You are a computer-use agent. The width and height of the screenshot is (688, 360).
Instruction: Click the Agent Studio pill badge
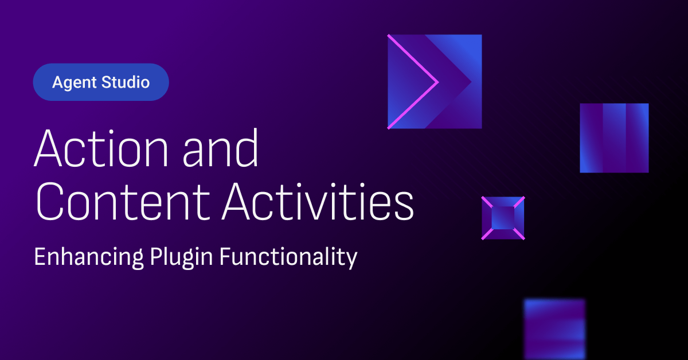pos(101,82)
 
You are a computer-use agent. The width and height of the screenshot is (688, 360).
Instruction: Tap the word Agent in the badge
pos(75,83)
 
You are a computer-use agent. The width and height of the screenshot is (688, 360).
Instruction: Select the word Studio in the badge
pos(126,82)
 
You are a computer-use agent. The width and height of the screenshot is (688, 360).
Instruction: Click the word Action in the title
pos(101,148)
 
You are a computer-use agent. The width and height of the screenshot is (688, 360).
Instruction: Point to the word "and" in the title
pos(221,148)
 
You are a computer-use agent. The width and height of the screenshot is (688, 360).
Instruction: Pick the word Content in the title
pos(123,202)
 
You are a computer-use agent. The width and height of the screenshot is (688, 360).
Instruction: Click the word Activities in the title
pos(318,202)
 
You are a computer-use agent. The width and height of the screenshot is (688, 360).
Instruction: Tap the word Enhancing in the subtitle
pos(89,257)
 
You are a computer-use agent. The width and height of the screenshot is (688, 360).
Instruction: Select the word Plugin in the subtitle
pos(181,257)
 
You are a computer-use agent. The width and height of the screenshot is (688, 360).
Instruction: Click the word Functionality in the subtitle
pos(288,257)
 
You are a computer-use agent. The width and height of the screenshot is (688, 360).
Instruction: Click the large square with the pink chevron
pos(435,81)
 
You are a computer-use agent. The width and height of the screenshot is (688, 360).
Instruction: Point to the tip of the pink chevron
pos(437,82)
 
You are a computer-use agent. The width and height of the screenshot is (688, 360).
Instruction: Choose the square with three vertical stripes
pos(614,138)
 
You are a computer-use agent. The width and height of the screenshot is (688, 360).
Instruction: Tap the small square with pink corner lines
pos(503,218)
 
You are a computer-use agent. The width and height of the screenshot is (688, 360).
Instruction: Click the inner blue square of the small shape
pos(503,218)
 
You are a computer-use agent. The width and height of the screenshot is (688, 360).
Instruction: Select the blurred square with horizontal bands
pos(555,329)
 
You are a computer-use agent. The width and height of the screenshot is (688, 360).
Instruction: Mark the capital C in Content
pos(49,202)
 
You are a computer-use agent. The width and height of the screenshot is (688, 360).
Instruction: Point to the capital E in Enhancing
pos(40,256)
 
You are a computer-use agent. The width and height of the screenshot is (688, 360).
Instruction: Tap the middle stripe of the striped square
pos(614,138)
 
